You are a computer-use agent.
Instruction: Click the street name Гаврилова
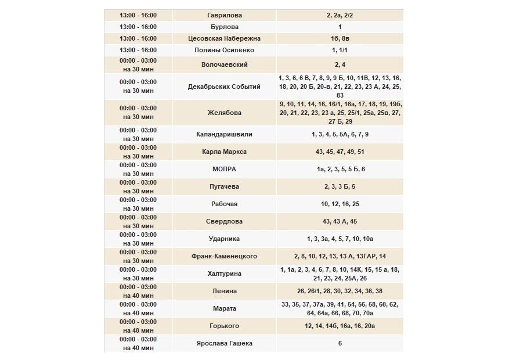(x=224, y=15)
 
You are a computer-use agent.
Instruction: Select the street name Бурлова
(x=224, y=27)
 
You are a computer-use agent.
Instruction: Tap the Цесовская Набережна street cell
(x=224, y=38)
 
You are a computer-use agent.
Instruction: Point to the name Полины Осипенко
(x=224, y=51)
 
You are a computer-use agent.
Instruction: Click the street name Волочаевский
(x=224, y=64)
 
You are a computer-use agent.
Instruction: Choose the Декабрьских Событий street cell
(x=224, y=87)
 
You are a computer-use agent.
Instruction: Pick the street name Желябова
(x=224, y=113)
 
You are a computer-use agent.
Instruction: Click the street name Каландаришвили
(x=224, y=134)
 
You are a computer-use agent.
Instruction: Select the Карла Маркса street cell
(x=224, y=152)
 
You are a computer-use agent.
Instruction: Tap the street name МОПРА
(x=224, y=169)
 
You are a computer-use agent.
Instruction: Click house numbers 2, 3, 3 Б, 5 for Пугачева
(x=340, y=186)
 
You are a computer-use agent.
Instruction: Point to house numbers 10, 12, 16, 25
(x=340, y=204)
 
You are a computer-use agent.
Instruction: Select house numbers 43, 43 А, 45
(x=340, y=221)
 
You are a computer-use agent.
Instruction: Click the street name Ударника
(x=224, y=239)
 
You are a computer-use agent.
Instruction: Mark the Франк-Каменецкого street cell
(x=224, y=256)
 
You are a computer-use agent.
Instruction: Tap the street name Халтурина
(x=224, y=273)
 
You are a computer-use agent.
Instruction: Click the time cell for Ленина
(x=138, y=291)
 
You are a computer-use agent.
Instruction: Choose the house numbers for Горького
(x=340, y=326)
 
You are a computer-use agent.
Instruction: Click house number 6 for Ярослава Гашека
(x=340, y=343)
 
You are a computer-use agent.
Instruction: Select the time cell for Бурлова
(x=138, y=27)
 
